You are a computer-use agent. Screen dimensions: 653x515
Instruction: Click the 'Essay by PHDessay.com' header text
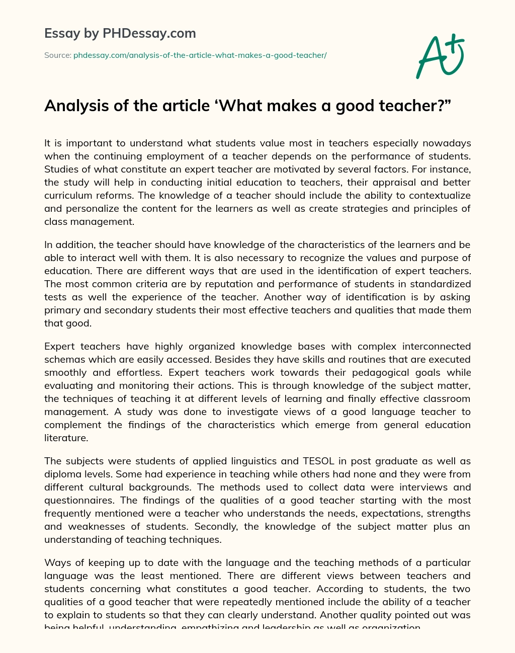point(120,34)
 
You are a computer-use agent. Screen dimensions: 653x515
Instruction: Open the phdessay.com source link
point(200,55)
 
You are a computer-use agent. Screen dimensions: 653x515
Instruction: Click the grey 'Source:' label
point(58,55)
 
